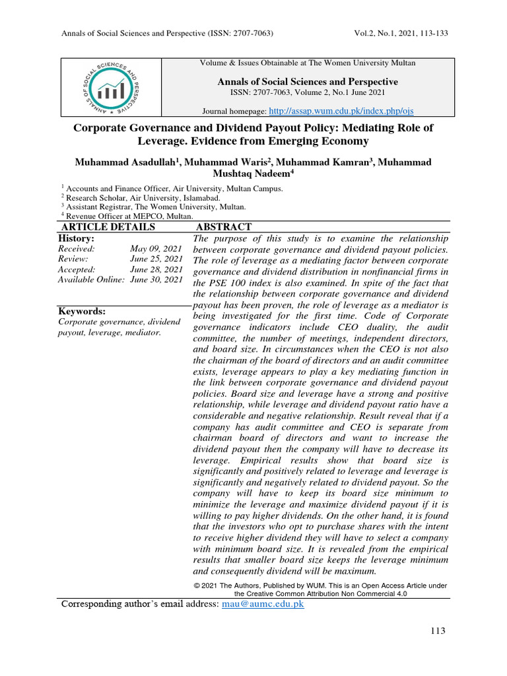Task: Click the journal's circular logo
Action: [110, 88]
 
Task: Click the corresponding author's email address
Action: [263, 604]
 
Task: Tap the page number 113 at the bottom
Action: [437, 631]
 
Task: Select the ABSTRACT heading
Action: [224, 227]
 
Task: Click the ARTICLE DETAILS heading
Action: [108, 227]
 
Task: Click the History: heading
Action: [76, 238]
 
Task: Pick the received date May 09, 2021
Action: [156, 249]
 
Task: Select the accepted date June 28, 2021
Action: [156, 269]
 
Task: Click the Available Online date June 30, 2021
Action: [156, 280]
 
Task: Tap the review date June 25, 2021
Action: [156, 259]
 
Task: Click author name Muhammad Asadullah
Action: [126, 162]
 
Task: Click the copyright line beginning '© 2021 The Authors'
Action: [320, 586]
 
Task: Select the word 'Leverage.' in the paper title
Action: [165, 141]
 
